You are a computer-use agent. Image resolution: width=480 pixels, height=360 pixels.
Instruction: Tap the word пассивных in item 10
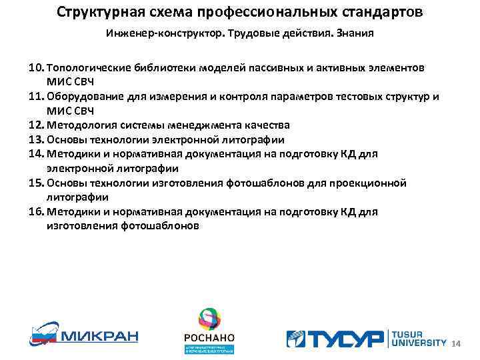(x=276, y=68)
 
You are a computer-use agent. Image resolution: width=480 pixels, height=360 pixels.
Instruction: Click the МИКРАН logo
(x=83, y=333)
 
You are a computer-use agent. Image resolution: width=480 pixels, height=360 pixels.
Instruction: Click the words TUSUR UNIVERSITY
(x=417, y=338)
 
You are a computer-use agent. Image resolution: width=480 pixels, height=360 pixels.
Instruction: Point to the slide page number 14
(x=457, y=343)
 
